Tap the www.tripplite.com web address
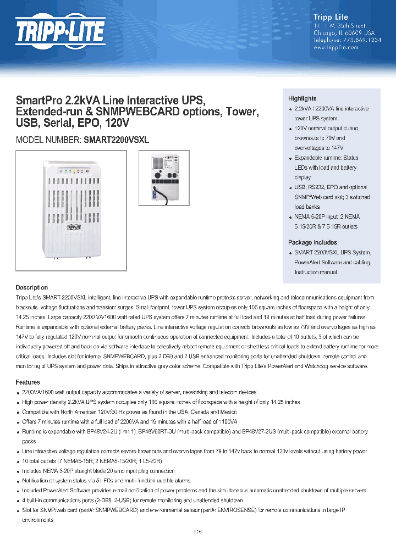click(335, 47)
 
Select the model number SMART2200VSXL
click(116, 140)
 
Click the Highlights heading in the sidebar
click(302, 98)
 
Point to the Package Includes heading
click(312, 242)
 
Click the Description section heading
click(31, 287)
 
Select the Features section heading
click(28, 382)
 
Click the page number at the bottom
click(198, 532)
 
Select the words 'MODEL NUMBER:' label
click(49, 140)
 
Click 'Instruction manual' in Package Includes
click(316, 272)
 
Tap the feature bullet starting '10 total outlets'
click(92, 461)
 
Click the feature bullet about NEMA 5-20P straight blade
click(98, 471)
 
